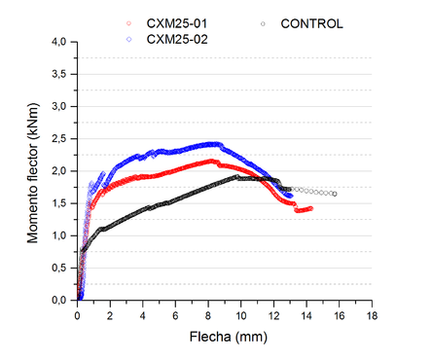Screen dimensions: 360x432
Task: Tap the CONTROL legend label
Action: [312, 22]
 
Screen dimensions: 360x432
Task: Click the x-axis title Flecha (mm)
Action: [224, 340]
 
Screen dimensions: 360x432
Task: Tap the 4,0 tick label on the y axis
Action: [58, 42]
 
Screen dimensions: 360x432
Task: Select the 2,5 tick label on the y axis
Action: [58, 138]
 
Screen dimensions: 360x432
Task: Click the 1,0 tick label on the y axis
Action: [58, 235]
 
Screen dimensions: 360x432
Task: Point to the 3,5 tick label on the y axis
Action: [58, 74]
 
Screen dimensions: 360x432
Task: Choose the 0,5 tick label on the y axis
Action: [58, 268]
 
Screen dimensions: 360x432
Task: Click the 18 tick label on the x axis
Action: [371, 315]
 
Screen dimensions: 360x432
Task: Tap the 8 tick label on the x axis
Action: [208, 315]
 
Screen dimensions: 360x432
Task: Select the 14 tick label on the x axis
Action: [306, 315]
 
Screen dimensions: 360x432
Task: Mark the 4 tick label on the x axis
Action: [143, 315]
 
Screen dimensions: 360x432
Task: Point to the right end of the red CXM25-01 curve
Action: [310, 208]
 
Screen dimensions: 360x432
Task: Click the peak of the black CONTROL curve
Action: [236, 177]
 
